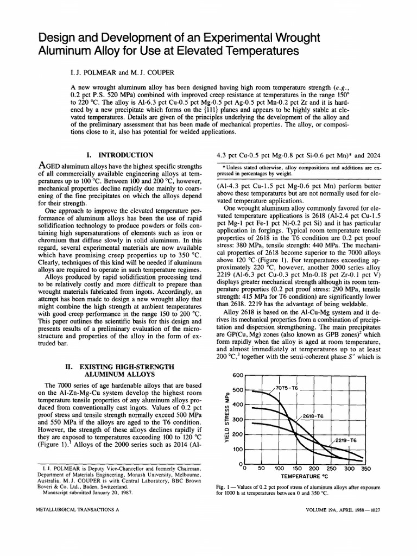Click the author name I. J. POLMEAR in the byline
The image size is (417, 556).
click(x=97, y=72)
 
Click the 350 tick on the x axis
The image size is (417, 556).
click(x=365, y=468)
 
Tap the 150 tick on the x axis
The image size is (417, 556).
click(x=297, y=468)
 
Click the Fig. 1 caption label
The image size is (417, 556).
click(x=223, y=488)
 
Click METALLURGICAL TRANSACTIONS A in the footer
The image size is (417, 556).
click(x=77, y=511)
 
